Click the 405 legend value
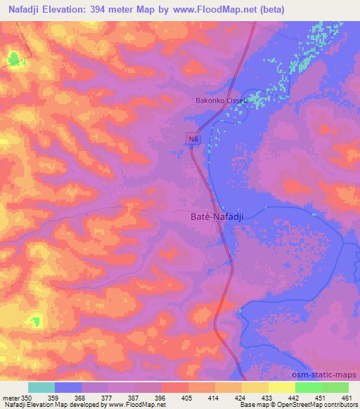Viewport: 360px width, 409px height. point(187,397)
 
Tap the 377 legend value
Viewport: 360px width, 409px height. point(107,397)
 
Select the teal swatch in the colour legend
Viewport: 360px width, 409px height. point(41,387)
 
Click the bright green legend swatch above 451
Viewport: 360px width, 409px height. point(309,387)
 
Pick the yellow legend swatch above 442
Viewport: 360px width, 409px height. point(282,387)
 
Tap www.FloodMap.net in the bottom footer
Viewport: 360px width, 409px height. point(134,405)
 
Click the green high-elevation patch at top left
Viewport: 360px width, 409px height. point(13,60)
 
